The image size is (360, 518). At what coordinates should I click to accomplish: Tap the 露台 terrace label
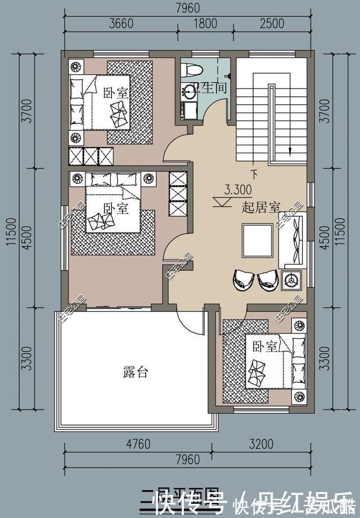pyautogui.click(x=135, y=372)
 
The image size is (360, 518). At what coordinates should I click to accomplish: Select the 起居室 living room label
pyautogui.click(x=261, y=207)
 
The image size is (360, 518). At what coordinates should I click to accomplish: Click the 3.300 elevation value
pyautogui.click(x=238, y=189)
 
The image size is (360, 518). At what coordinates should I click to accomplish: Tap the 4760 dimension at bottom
pyautogui.click(x=138, y=444)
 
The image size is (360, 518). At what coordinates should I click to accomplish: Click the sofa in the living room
pyautogui.click(x=294, y=241)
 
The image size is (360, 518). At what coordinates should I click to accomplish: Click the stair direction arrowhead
pyautogui.click(x=290, y=150)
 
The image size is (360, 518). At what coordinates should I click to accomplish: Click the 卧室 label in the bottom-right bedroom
pyautogui.click(x=264, y=346)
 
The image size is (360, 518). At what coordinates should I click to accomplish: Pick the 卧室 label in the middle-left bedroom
pyautogui.click(x=117, y=208)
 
